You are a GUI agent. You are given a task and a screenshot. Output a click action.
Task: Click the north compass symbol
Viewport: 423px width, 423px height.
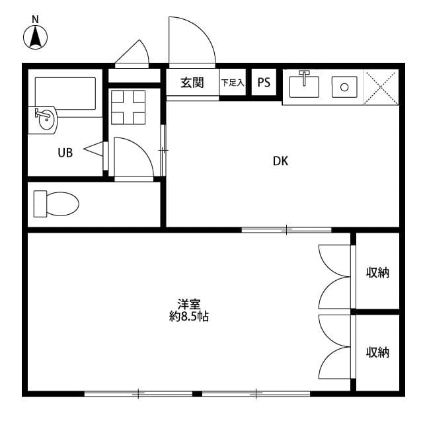point(36,36)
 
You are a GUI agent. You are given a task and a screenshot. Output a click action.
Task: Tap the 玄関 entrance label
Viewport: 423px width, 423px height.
point(192,83)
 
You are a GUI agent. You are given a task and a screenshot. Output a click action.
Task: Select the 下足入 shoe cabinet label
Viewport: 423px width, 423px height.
point(233,83)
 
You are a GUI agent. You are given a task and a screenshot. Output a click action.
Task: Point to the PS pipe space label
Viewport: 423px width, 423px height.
point(264,83)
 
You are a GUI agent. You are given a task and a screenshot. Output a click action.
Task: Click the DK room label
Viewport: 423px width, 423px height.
point(280,160)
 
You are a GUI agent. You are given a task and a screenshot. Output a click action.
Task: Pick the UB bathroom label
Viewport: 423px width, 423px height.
point(65,153)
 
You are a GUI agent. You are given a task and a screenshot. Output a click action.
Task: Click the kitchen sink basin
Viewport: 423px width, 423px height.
point(305,86)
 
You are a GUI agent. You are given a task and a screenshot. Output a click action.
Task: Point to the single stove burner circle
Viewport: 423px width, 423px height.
point(344,87)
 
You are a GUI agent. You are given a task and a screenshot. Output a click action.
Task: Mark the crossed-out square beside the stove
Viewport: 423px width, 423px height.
point(382,87)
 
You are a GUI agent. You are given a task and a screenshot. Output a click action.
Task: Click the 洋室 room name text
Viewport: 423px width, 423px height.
point(189,305)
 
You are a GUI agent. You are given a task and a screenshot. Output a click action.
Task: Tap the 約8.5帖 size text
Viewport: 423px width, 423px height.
point(189,317)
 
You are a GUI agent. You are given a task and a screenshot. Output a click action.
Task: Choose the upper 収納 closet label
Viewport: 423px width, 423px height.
point(378,272)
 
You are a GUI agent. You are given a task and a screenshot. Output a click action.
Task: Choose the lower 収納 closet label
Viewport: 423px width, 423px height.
point(378,352)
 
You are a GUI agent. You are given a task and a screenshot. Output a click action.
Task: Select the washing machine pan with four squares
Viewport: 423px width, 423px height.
point(128,106)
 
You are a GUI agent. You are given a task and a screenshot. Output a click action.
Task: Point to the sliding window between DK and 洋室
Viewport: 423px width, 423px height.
point(286,229)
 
